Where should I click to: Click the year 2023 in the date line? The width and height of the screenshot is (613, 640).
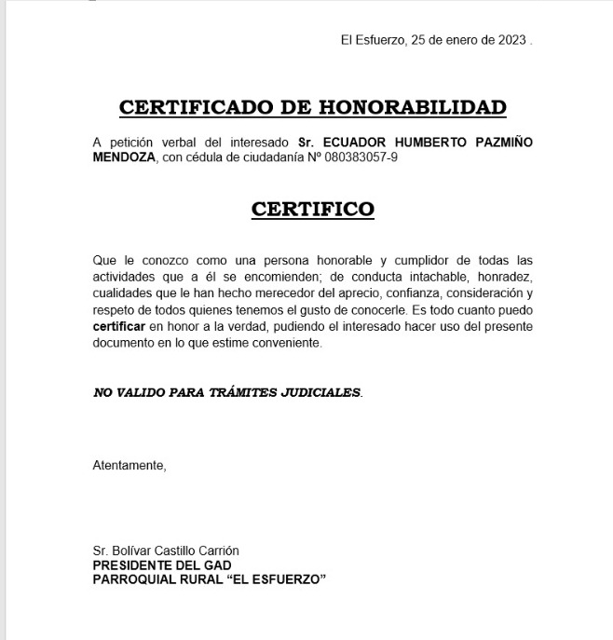pos(511,40)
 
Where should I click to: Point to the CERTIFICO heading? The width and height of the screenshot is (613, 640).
pos(312,209)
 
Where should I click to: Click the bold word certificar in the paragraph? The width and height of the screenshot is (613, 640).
pos(119,327)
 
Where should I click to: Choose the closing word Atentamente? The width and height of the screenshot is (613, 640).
pos(129,463)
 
